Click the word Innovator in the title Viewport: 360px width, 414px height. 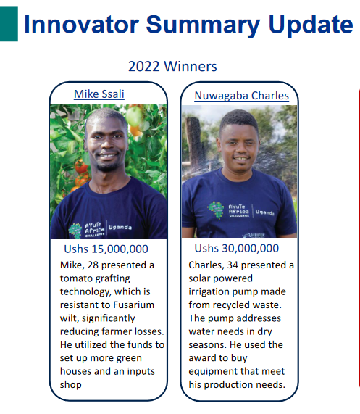coord(82,25)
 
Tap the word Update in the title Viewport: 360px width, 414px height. coord(311,25)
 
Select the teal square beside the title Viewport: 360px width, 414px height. coord(9,24)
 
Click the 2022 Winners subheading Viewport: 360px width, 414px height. coord(172,66)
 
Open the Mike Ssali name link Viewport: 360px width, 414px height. coord(99,94)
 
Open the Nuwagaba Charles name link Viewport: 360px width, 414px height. coord(242,96)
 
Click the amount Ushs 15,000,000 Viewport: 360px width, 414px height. coord(106,249)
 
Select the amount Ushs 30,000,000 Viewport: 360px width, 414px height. coord(237,249)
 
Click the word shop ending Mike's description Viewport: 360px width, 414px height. coord(71,385)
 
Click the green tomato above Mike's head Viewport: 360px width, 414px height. coord(134,117)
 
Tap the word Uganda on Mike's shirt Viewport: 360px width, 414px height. coord(120,228)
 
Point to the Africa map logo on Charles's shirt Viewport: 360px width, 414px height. coord(215,210)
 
